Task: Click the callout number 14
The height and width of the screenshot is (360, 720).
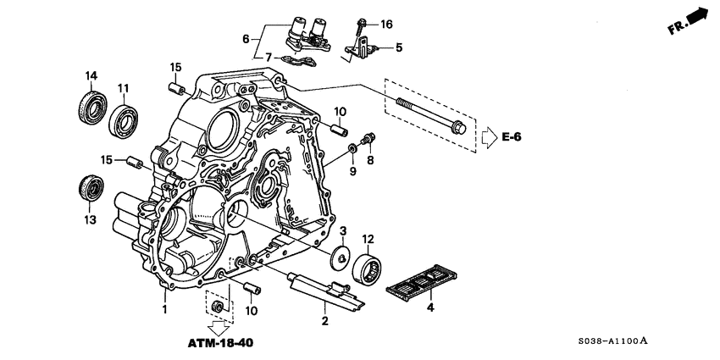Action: pos(90,77)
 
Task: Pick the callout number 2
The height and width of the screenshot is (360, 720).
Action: pos(324,319)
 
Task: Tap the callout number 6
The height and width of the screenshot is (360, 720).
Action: pos(246,39)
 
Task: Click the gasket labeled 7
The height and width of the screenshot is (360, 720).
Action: pos(293,61)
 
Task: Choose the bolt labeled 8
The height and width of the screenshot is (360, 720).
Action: pos(369,138)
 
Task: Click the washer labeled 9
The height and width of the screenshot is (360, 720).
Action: pos(351,150)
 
